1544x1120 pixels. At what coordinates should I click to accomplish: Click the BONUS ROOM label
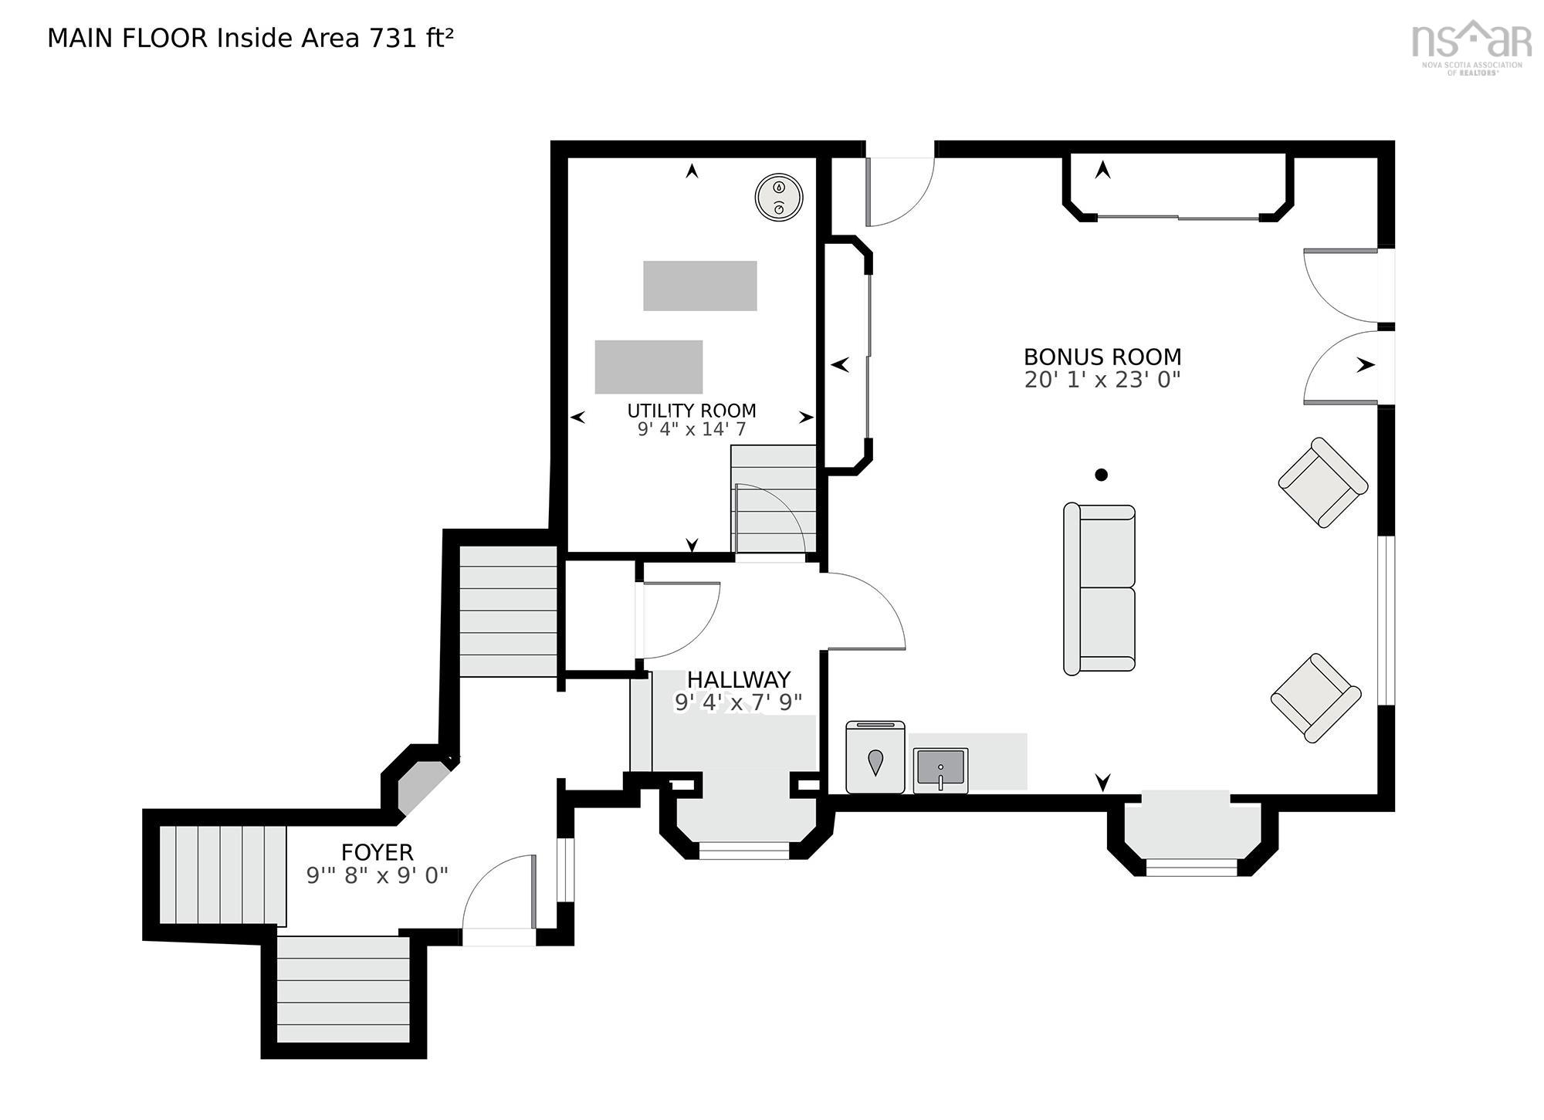coord(1102,357)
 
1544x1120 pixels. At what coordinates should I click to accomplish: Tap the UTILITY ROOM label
coord(691,411)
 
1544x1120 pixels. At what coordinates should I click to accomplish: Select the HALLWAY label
coord(739,679)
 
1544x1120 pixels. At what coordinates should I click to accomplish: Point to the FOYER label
coord(377,852)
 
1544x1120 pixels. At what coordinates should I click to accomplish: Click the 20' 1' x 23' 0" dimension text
coord(1102,380)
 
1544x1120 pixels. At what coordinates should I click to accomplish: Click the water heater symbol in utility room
coord(779,196)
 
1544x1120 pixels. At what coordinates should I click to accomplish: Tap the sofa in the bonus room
coord(1099,589)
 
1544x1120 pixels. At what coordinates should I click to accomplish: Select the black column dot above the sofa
coord(1102,475)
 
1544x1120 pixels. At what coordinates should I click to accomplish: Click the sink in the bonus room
coord(940,770)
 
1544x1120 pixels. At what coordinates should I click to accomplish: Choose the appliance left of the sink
coord(875,757)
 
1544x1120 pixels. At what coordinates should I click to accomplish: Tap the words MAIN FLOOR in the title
coord(127,38)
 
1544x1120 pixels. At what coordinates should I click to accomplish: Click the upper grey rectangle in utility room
coord(700,286)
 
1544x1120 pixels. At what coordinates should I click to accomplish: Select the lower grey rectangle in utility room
coord(648,367)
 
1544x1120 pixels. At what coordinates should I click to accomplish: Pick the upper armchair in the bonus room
coord(1323,482)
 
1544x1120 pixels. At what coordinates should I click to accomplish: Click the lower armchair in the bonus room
coord(1315,698)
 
